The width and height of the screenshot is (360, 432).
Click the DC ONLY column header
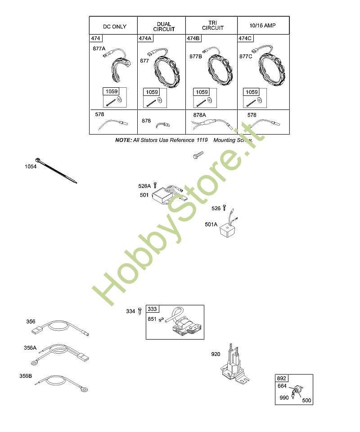point(115,27)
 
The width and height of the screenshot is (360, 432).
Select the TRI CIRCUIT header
point(213,25)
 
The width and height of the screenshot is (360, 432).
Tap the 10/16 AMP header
point(262,26)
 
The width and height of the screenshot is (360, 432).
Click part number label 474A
point(145,38)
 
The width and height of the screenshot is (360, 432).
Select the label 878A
point(199,115)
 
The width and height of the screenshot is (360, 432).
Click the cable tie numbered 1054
point(56,171)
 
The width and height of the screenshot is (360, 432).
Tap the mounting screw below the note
point(198,155)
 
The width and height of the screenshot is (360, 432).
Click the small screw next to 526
point(224,208)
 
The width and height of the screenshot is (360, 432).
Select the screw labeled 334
point(140,311)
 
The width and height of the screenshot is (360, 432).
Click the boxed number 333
point(152,309)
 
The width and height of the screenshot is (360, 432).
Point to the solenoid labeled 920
point(234,364)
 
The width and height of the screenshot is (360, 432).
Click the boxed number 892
point(282,378)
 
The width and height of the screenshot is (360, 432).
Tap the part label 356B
point(26,376)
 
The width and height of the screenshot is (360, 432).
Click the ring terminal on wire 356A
point(35,363)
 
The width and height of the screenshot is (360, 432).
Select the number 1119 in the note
point(202,140)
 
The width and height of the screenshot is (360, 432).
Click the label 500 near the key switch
point(306,400)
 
